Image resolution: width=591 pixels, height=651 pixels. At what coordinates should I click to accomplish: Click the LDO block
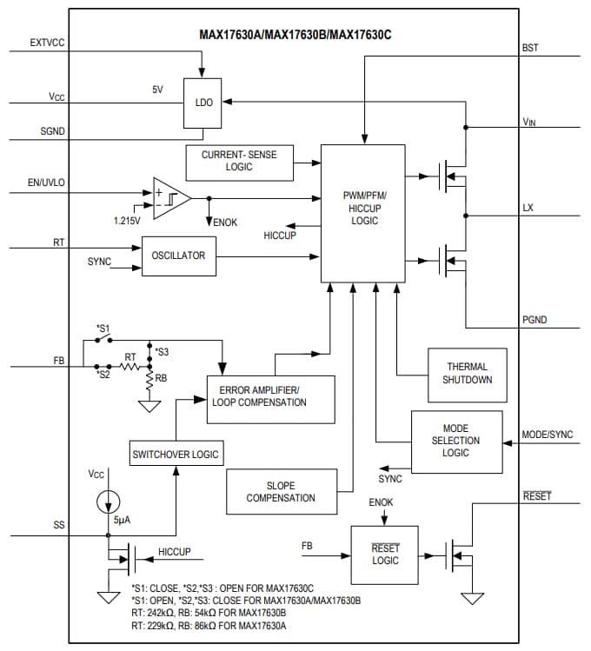click(203, 103)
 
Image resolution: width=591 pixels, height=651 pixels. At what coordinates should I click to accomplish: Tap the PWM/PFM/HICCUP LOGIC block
click(362, 213)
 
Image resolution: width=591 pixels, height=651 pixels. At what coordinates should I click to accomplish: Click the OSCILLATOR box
click(179, 256)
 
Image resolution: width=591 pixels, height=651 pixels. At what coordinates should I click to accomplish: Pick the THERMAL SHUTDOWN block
click(467, 374)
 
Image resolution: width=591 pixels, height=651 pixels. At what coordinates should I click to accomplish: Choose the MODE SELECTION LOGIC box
click(455, 441)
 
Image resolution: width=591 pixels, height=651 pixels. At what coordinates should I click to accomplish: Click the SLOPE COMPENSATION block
click(280, 492)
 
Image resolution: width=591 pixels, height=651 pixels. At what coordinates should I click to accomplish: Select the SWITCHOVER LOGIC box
click(176, 454)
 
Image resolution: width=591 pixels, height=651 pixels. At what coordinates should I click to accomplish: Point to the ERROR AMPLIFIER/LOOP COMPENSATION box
click(269, 397)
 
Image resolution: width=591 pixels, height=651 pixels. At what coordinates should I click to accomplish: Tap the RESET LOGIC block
click(385, 555)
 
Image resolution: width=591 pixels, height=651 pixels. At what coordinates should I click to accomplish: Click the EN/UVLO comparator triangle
click(168, 199)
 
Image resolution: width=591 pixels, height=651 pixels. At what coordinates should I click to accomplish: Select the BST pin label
click(530, 48)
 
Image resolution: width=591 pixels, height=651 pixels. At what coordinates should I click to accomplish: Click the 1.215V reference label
click(127, 221)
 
